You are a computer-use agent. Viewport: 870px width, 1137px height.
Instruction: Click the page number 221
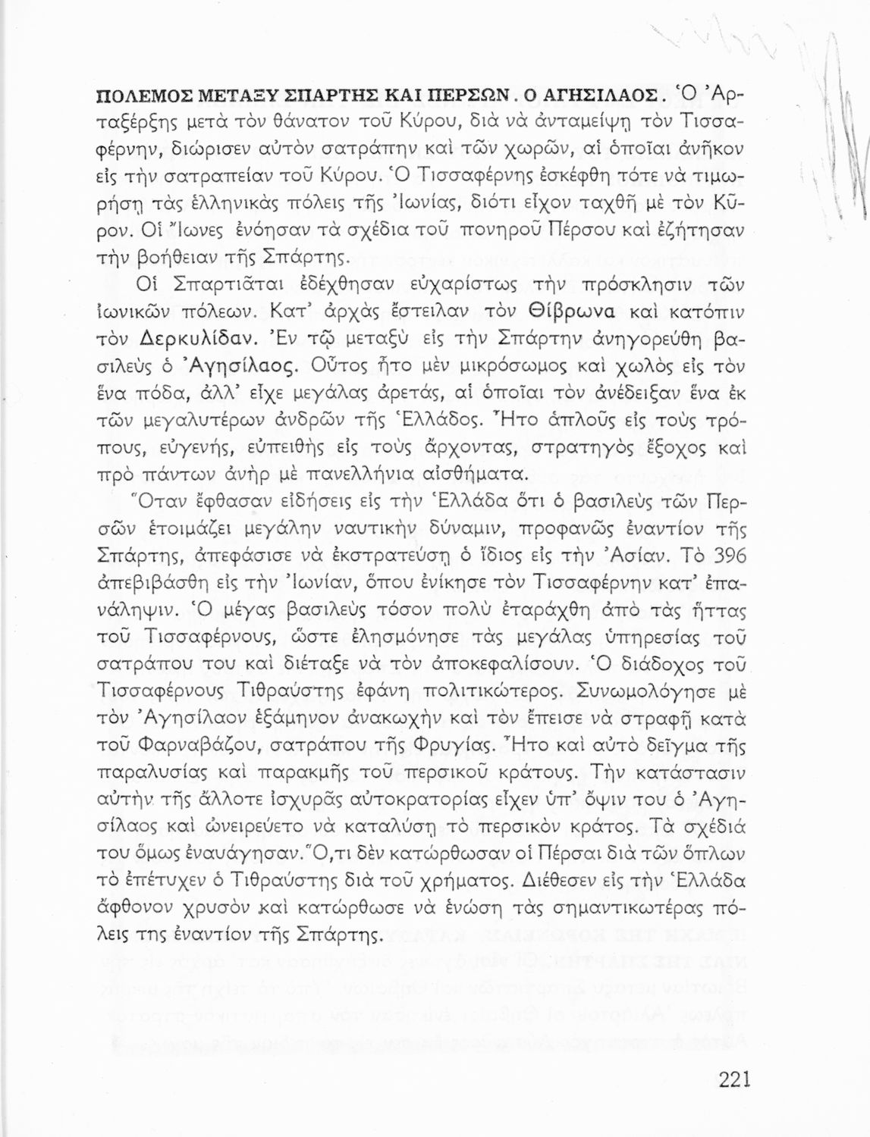[x=733, y=1079]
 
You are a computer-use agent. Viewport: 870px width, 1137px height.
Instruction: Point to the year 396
[x=730, y=556]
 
